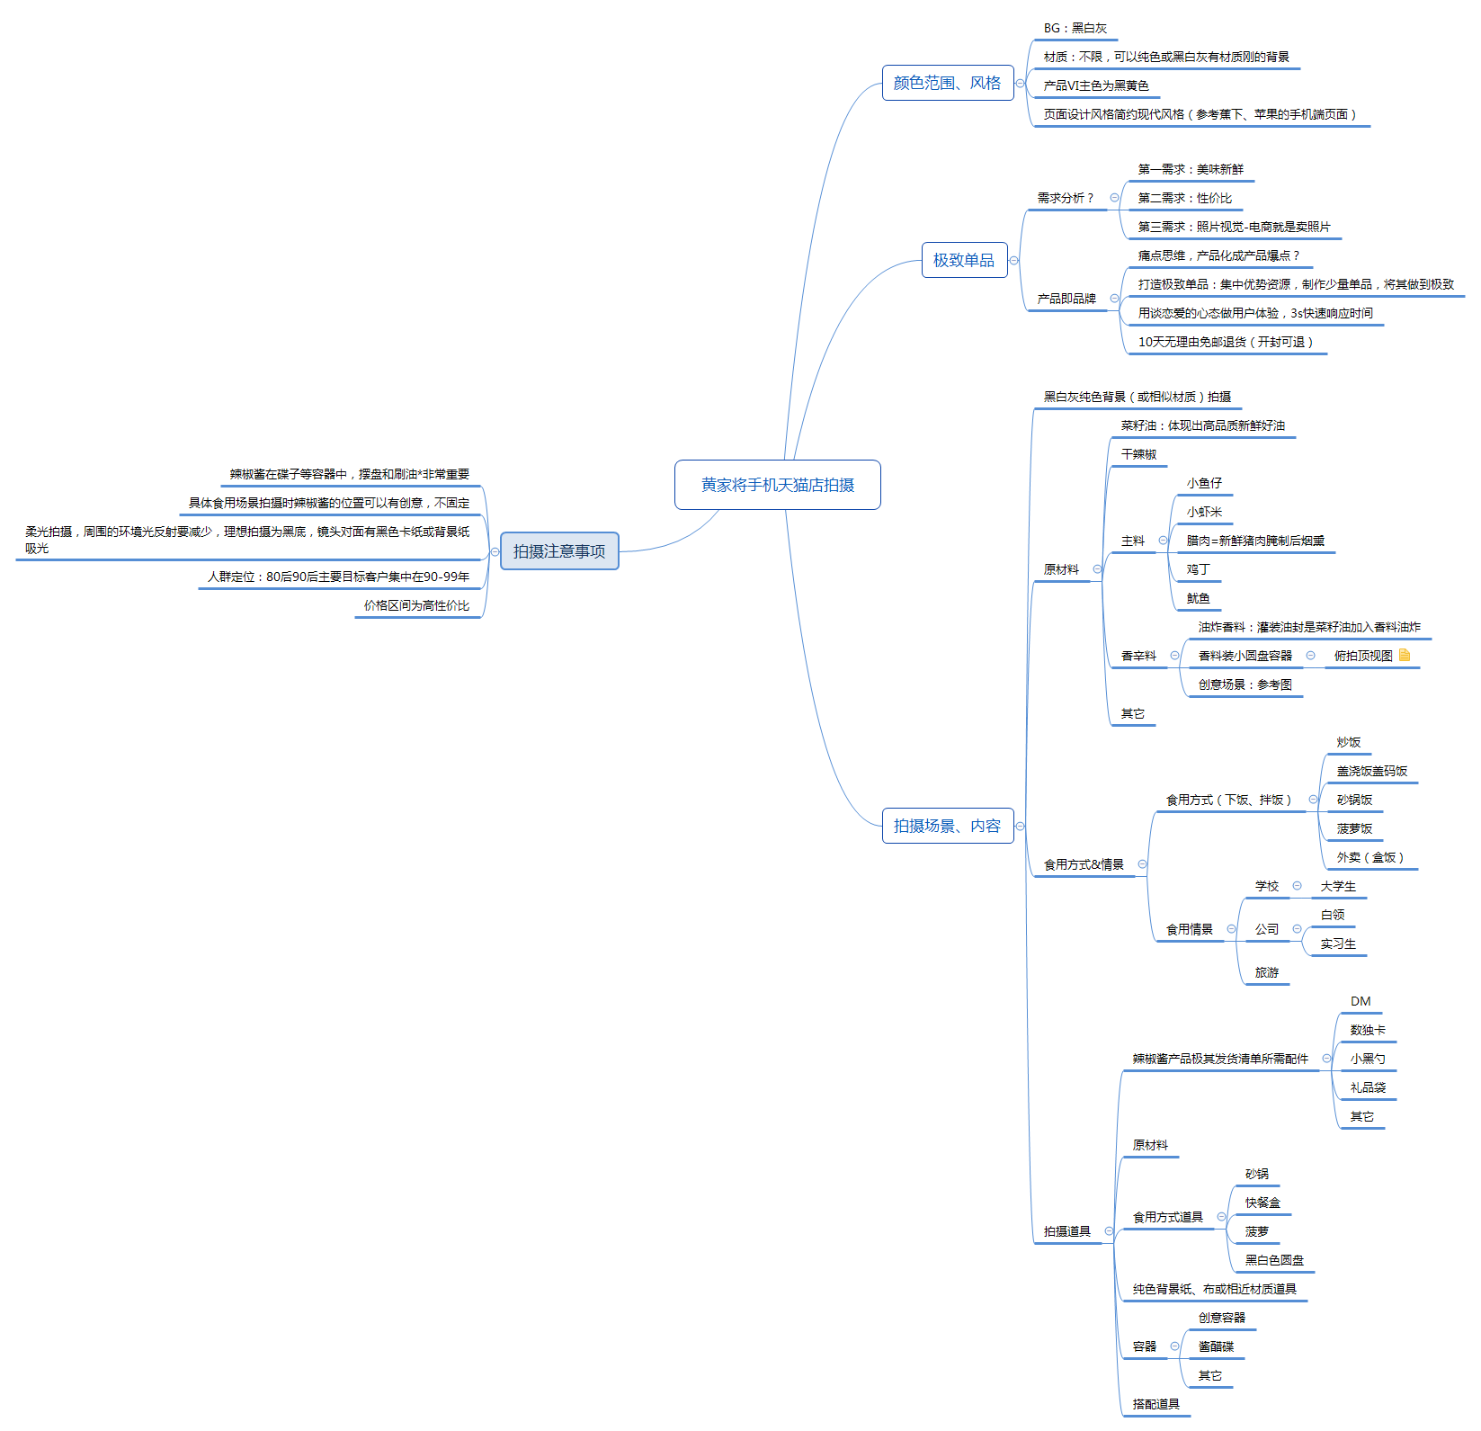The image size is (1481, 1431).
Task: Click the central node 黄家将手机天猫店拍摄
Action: [x=778, y=485]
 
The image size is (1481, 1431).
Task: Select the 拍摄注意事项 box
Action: [x=559, y=551]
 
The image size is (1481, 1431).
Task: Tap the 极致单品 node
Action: [x=964, y=260]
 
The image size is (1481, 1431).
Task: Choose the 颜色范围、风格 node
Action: [x=948, y=83]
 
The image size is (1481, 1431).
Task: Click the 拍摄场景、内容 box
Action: [x=948, y=826]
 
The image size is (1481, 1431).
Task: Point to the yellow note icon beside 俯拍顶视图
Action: [x=1405, y=656]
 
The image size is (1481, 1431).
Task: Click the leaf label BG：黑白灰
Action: [x=1075, y=29]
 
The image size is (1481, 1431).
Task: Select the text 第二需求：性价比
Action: [x=1185, y=198]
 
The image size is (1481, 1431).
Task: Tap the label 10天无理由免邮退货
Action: [x=1226, y=342]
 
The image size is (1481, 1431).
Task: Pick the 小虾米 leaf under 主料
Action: [x=1204, y=512]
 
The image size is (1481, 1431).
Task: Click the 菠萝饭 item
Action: [x=1354, y=828]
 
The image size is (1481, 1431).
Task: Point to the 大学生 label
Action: [x=1338, y=886]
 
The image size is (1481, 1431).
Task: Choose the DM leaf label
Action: [x=1361, y=1001]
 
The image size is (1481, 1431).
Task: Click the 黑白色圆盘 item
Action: [x=1274, y=1260]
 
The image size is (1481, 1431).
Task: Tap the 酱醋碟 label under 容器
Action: [x=1216, y=1346]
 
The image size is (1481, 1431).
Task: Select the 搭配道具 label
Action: [x=1156, y=1404]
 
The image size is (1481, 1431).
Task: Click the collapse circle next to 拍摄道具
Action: [x=1109, y=1231]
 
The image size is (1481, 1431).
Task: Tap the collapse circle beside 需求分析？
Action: [x=1115, y=198]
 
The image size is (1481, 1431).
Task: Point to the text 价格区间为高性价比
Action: [x=416, y=605]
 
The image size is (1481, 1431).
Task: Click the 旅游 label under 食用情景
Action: [x=1267, y=972]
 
